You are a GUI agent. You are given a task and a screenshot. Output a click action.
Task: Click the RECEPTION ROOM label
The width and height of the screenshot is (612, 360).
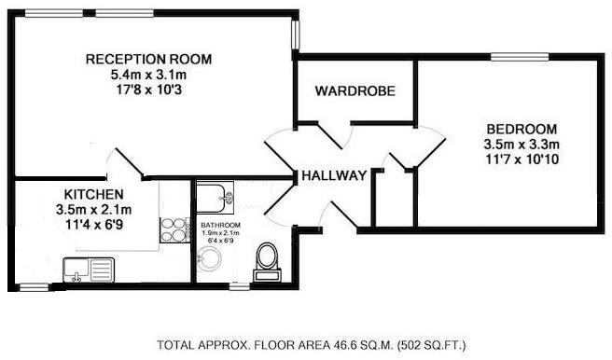coord(148,59)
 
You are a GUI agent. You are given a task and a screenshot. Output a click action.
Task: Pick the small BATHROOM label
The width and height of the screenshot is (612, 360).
coord(220,227)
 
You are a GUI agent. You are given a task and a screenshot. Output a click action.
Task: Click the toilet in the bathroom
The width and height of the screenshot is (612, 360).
coord(269,258)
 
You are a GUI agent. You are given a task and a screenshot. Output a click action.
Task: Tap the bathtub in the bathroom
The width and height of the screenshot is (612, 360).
coord(220,198)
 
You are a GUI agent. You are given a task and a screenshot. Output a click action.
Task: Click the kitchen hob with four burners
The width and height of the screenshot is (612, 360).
coord(174,230)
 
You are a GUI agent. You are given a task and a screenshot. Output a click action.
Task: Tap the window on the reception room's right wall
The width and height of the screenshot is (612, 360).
coord(296,32)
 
